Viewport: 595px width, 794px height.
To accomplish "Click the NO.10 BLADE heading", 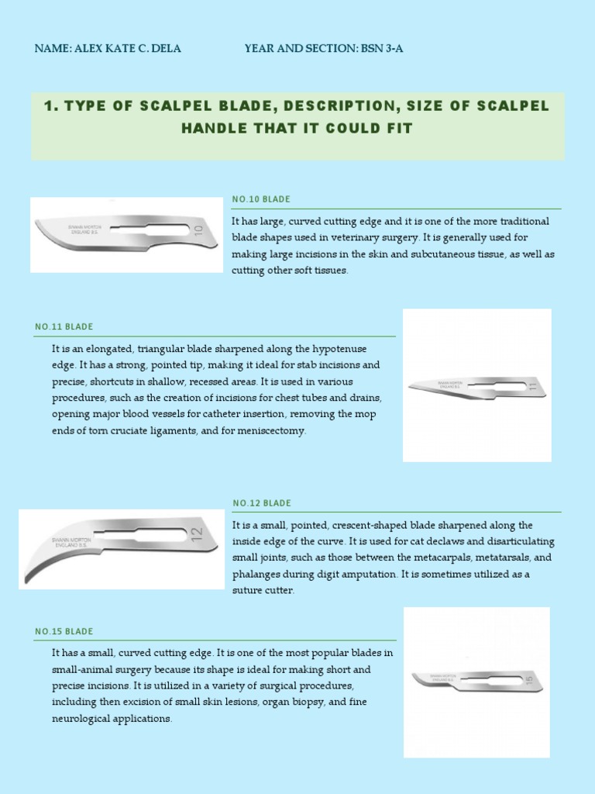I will pyautogui.click(x=261, y=199).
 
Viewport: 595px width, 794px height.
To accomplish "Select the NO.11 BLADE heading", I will pyautogui.click(x=64, y=326).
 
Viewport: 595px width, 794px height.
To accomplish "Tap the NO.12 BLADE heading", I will pyautogui.click(x=262, y=503).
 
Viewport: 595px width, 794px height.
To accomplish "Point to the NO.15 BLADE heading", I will pyautogui.click(x=64, y=631).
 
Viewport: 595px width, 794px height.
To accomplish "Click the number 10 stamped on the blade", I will pyautogui.click(x=198, y=231).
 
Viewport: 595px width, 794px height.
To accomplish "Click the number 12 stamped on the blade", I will pyautogui.click(x=195, y=534).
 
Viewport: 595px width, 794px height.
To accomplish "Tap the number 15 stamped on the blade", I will pyautogui.click(x=528, y=681).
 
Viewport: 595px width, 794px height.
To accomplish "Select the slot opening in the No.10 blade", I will pyautogui.click(x=148, y=227).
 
